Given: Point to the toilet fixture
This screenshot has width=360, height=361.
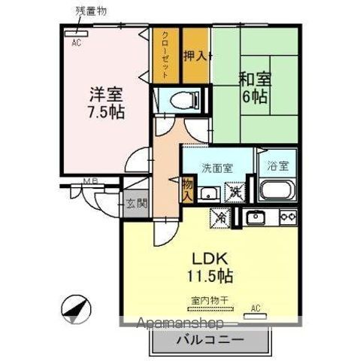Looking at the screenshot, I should point(178,99).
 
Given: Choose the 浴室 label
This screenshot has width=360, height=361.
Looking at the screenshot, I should point(279,165).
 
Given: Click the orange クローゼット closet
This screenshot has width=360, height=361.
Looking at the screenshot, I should point(165,55).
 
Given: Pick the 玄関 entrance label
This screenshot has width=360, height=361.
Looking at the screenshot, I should point(136,202).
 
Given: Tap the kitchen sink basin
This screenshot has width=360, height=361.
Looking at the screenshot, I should point(254,218).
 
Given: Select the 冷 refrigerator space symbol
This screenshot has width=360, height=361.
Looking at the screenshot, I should point(222,217).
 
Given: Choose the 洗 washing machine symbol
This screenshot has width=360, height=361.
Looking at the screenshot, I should point(236,192).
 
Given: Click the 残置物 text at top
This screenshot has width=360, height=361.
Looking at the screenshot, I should point(90,11).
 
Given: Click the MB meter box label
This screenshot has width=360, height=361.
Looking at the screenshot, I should point(91,180).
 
